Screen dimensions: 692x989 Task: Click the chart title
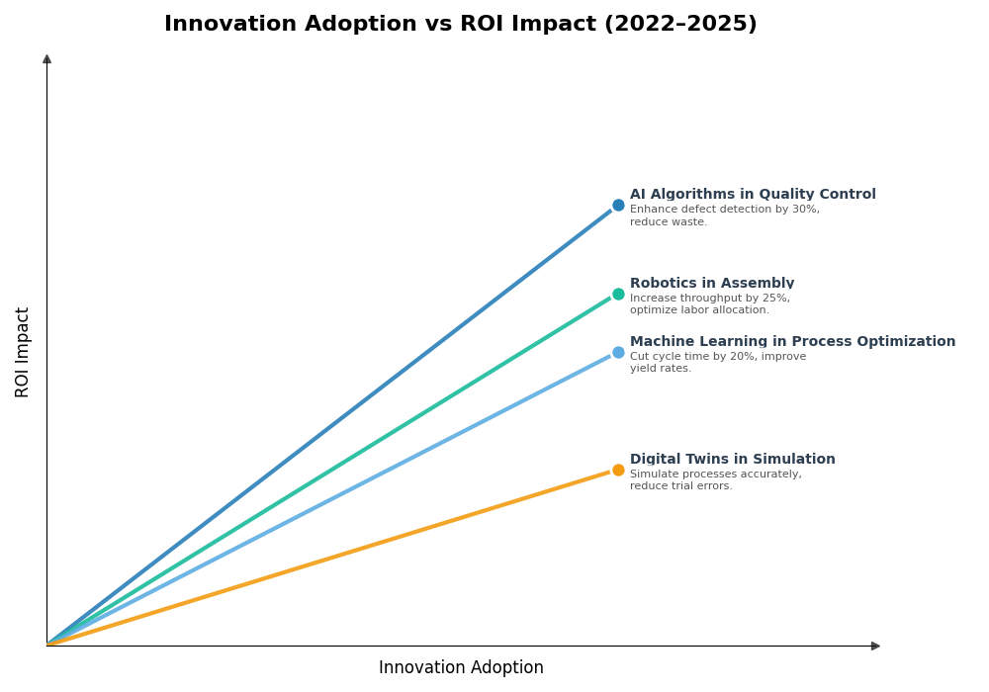click(x=460, y=24)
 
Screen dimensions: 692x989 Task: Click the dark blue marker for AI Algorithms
click(x=618, y=206)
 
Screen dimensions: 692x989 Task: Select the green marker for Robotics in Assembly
click(x=618, y=294)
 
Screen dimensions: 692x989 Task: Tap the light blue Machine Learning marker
click(x=618, y=352)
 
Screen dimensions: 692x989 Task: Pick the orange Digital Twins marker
click(x=618, y=470)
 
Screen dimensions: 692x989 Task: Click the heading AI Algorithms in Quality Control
click(x=753, y=195)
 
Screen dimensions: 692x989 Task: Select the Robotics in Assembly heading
click(x=711, y=284)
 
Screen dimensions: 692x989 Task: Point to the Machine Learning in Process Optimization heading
click(x=792, y=342)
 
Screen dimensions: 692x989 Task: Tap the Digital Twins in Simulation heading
click(x=732, y=460)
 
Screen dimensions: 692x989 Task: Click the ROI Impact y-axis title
click(x=23, y=352)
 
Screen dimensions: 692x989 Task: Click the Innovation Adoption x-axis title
click(x=461, y=668)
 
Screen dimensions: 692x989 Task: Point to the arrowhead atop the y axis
click(x=46, y=59)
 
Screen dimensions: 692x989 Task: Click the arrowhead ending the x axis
click(x=875, y=646)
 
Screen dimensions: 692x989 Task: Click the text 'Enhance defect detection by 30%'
click(x=724, y=210)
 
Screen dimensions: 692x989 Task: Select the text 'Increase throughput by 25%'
click(x=709, y=299)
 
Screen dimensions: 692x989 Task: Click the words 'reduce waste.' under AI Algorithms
click(x=668, y=222)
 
